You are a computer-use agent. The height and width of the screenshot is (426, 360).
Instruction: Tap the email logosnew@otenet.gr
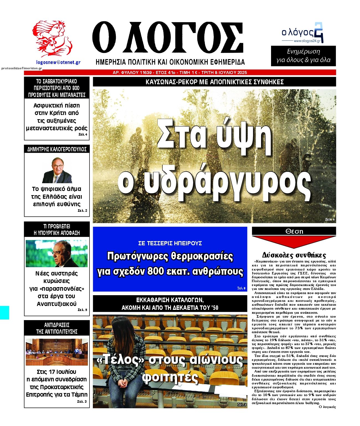click(x=58, y=62)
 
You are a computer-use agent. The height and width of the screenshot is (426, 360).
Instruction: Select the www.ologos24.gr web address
click(x=307, y=41)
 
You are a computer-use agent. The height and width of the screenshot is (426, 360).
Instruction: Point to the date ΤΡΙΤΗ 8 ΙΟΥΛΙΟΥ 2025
click(x=224, y=73)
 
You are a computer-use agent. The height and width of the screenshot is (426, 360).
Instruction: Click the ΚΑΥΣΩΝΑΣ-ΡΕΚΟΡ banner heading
click(x=214, y=82)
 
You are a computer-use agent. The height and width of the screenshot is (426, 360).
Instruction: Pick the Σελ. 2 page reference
click(x=82, y=211)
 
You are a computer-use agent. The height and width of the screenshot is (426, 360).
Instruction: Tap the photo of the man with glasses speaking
click(x=57, y=253)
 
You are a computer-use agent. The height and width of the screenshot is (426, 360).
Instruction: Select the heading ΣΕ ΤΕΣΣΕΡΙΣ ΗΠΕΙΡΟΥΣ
click(x=170, y=243)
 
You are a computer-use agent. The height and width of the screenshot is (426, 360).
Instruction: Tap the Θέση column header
click(x=294, y=231)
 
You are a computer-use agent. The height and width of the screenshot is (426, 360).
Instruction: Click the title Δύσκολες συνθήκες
click(x=294, y=255)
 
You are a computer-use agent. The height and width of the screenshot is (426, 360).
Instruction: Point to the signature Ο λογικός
click(x=327, y=407)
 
